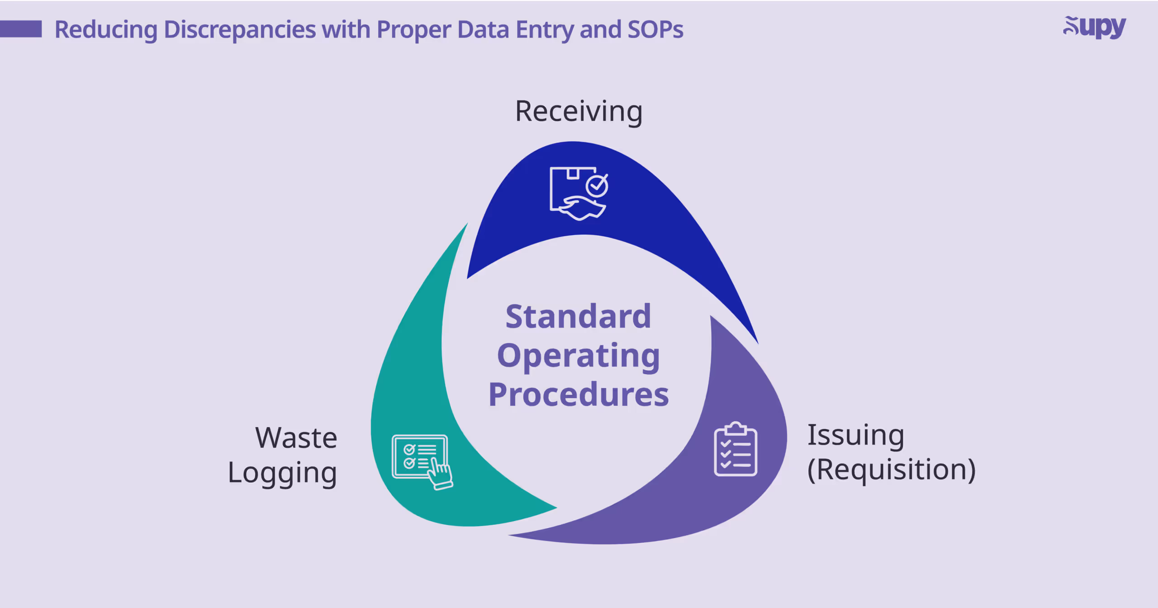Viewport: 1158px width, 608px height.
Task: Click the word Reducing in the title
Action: pyautogui.click(x=106, y=30)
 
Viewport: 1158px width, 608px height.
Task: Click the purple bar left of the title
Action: pyautogui.click(x=21, y=29)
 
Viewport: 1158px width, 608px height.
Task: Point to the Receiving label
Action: pyautogui.click(x=579, y=111)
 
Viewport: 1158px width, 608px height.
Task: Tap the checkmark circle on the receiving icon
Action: pyautogui.click(x=597, y=185)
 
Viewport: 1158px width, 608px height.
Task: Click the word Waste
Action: pyautogui.click(x=296, y=438)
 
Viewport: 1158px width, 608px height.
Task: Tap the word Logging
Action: pyautogui.click(x=282, y=473)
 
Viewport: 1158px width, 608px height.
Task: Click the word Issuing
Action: pyautogui.click(x=855, y=435)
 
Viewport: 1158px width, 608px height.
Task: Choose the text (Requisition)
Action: pyautogui.click(x=891, y=470)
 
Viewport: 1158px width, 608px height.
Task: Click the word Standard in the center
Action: pyautogui.click(x=578, y=316)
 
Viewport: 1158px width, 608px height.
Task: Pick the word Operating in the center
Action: pyautogui.click(x=578, y=356)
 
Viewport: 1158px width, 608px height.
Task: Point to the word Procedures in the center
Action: pyautogui.click(x=578, y=394)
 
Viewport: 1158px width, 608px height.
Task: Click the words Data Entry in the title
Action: pyautogui.click(x=516, y=30)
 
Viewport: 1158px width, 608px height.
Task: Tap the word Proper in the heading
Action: pyautogui.click(x=413, y=30)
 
